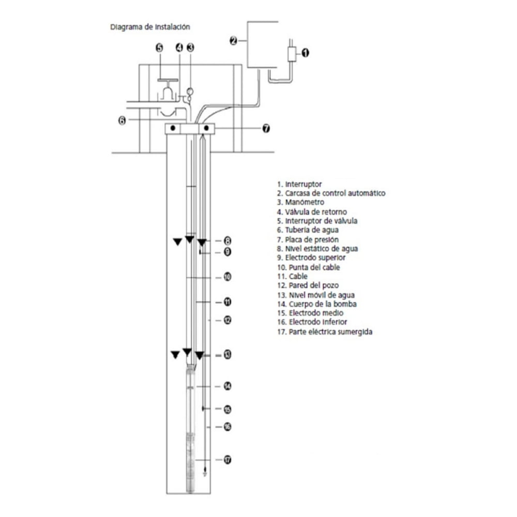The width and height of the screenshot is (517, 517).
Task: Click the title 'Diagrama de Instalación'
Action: point(150,27)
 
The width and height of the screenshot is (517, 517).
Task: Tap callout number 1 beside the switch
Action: point(306,53)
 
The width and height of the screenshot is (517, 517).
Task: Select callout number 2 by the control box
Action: point(234,41)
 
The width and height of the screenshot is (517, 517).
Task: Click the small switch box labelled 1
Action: point(292,54)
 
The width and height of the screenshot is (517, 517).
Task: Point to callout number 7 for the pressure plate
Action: point(266,128)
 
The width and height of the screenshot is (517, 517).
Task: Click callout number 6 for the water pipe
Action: point(122,120)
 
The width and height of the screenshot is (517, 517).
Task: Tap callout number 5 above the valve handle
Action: point(159,48)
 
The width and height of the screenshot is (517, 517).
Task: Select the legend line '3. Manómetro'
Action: point(301,202)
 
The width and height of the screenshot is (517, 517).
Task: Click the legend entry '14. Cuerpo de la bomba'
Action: point(317,304)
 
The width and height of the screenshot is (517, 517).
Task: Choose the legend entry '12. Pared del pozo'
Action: point(308,285)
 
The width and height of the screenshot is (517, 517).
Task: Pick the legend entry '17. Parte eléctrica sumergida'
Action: point(325,332)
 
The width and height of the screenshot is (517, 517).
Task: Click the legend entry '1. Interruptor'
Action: point(299,185)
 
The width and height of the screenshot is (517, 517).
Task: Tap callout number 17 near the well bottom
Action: point(227,460)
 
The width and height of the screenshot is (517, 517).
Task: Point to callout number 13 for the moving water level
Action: point(227,355)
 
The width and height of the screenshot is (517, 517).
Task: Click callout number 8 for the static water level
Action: point(227,241)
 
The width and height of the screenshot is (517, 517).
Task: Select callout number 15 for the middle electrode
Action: point(227,409)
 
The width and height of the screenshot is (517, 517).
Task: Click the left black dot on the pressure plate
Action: point(173,128)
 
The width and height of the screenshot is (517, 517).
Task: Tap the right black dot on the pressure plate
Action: point(206,128)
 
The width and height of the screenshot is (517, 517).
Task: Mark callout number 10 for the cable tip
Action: point(227,277)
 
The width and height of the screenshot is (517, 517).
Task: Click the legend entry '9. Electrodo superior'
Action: point(311,257)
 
